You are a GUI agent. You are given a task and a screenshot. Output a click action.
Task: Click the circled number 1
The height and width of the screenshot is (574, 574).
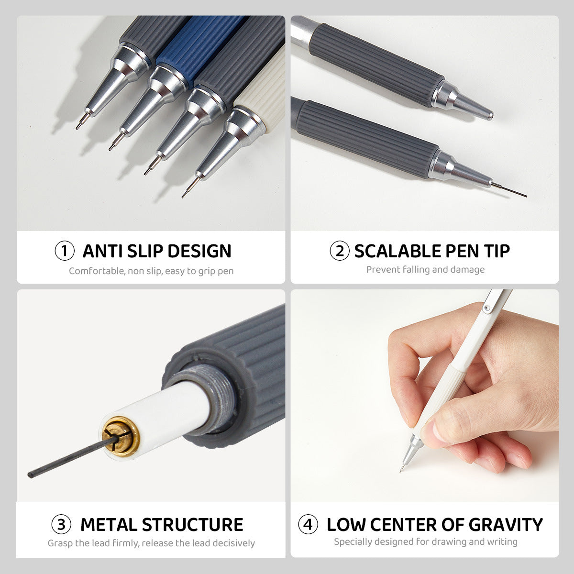click(x=65, y=251)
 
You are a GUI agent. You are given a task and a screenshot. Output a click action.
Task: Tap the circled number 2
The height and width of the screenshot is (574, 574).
click(x=339, y=251)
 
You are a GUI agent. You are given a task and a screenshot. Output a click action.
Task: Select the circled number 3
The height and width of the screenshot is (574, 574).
click(x=61, y=525)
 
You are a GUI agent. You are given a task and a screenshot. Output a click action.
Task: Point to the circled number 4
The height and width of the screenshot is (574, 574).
click(x=308, y=525)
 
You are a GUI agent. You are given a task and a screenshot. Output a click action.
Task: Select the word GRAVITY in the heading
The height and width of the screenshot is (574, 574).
click(x=506, y=525)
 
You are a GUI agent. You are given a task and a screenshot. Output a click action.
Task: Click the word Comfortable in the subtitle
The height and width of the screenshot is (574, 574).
click(x=96, y=271)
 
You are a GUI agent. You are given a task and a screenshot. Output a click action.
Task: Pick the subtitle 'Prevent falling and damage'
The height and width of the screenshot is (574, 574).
click(x=425, y=270)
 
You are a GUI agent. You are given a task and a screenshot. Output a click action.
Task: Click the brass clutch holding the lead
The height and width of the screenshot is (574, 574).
click(x=121, y=435)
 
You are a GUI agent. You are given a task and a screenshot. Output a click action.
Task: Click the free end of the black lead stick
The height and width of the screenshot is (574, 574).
click(x=31, y=475)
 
